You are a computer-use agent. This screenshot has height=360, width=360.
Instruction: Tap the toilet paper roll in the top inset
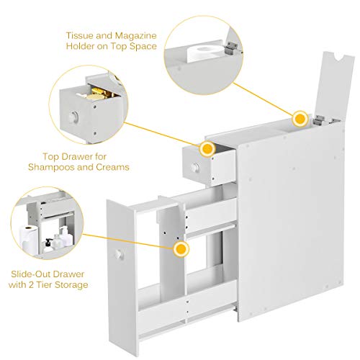point(200,54)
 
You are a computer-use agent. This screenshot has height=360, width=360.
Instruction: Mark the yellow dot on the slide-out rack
point(180,249)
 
